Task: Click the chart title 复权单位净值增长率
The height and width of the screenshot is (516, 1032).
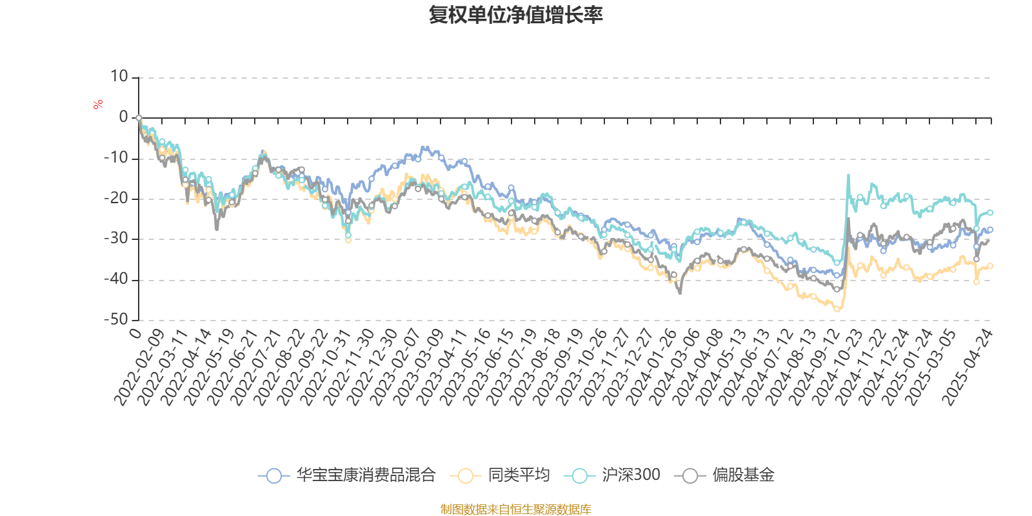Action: click(516, 15)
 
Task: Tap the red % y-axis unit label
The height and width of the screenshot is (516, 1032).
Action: click(98, 104)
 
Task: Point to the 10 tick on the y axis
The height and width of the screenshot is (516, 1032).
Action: click(119, 77)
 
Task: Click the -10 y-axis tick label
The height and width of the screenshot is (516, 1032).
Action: click(117, 158)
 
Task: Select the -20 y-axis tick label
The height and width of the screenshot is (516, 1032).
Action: click(117, 199)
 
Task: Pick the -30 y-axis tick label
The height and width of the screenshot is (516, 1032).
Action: click(117, 239)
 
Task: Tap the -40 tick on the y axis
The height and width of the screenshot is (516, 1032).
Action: click(117, 279)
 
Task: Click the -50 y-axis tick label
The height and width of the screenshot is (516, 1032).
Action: click(117, 319)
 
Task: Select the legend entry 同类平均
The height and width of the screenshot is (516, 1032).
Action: click(503, 475)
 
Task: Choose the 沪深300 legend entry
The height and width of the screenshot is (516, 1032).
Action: click(613, 475)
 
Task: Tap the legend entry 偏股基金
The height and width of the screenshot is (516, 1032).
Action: click(725, 475)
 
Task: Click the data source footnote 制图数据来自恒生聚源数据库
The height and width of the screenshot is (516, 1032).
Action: click(516, 510)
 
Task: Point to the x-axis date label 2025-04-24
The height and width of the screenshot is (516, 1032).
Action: click(968, 366)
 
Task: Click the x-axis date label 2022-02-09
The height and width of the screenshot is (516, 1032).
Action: click(139, 366)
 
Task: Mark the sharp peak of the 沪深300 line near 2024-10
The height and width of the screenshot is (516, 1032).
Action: click(848, 174)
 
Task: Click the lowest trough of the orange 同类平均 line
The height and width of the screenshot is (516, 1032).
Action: click(837, 310)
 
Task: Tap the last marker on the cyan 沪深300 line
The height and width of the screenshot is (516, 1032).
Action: click(990, 212)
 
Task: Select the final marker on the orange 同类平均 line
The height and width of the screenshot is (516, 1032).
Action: click(990, 266)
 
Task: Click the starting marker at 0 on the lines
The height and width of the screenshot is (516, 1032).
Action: click(139, 118)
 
